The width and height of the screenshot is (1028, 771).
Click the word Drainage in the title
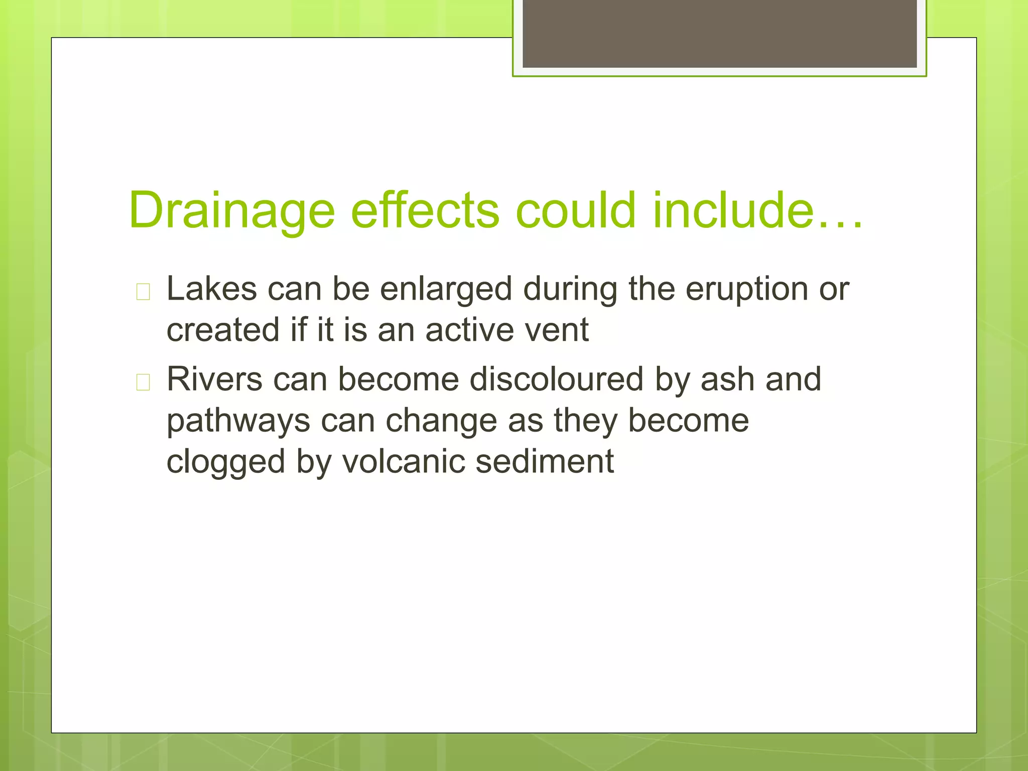[x=231, y=211]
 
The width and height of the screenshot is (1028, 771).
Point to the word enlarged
[x=446, y=290]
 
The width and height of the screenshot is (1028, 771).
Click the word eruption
[x=747, y=290]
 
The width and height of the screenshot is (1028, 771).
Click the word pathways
[x=238, y=421]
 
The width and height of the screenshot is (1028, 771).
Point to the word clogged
[x=225, y=462]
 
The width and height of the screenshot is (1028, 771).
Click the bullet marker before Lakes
[x=143, y=292]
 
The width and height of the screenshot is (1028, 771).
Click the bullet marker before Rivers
[x=143, y=382]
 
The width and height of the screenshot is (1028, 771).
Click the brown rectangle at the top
[x=719, y=34]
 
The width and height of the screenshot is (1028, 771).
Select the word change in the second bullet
[x=441, y=421]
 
